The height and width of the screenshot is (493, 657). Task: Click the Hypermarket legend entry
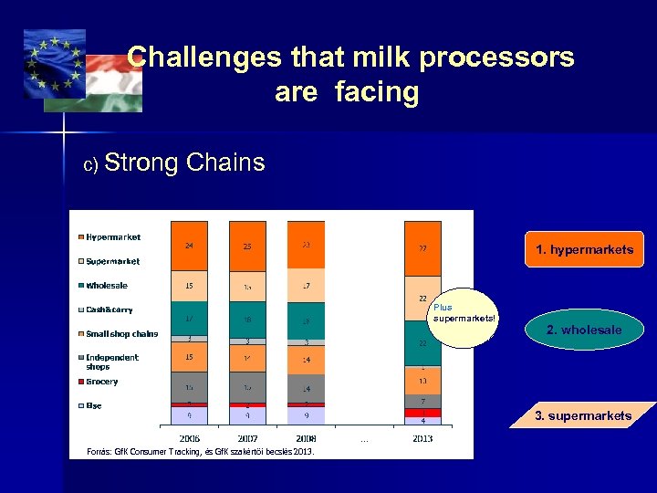pyautogui.click(x=113, y=237)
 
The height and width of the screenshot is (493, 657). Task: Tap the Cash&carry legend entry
pyautogui.click(x=109, y=309)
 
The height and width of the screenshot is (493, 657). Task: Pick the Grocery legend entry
pyautogui.click(x=101, y=382)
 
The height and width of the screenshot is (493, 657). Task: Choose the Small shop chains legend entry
pyautogui.click(x=121, y=333)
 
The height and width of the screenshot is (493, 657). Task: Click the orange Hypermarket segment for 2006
pyautogui.click(x=189, y=246)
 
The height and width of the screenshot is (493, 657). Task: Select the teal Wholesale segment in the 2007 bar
pyautogui.click(x=247, y=320)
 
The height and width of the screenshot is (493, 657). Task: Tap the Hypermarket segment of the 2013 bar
pyautogui.click(x=422, y=247)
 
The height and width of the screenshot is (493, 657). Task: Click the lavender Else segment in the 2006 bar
pyautogui.click(x=189, y=415)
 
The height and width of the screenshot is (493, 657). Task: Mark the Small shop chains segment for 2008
pyautogui.click(x=306, y=361)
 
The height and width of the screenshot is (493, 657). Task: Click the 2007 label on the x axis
pyautogui.click(x=247, y=438)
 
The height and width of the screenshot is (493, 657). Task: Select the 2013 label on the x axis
pyautogui.click(x=422, y=438)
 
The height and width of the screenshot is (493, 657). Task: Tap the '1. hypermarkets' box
pyautogui.click(x=584, y=249)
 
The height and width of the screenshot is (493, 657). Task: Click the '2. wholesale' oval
pyautogui.click(x=584, y=330)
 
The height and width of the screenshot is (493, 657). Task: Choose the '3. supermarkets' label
pyautogui.click(x=583, y=415)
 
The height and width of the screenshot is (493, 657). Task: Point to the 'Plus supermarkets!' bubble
pyautogui.click(x=465, y=317)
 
